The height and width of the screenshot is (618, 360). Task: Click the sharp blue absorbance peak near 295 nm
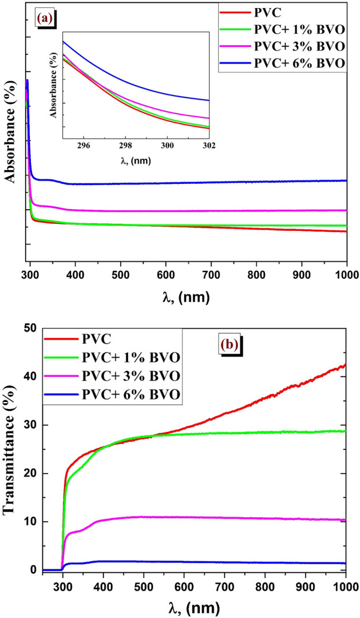tap(27, 81)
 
